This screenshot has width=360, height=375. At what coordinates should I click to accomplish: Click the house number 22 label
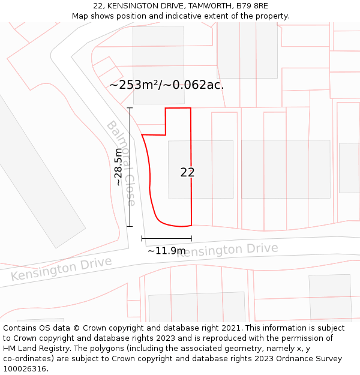coord(187,172)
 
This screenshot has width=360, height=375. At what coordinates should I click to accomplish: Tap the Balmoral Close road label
coord(121,163)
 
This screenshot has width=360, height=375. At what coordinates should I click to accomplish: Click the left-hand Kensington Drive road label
coord(61,269)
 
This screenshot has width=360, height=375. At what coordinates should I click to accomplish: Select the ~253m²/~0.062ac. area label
coord(166,85)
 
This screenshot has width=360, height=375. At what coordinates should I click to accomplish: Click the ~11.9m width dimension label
coord(166,250)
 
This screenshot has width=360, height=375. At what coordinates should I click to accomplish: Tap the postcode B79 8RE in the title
coord(252,6)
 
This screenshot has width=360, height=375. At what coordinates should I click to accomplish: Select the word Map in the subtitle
coord(80,16)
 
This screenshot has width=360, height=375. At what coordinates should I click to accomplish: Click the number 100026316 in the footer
coord(25,369)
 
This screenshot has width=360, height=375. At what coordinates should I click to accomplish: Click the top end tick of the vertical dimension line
coord(130,108)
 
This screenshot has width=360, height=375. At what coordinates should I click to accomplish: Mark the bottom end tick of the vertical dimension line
coord(130,226)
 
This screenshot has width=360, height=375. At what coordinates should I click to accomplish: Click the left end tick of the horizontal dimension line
coord(142,239)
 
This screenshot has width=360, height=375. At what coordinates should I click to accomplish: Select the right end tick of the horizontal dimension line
coord(191,239)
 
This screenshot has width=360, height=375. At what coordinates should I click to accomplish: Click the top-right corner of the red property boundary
coord(191,108)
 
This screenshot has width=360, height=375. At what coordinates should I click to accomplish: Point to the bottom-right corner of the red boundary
coord(191,226)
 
